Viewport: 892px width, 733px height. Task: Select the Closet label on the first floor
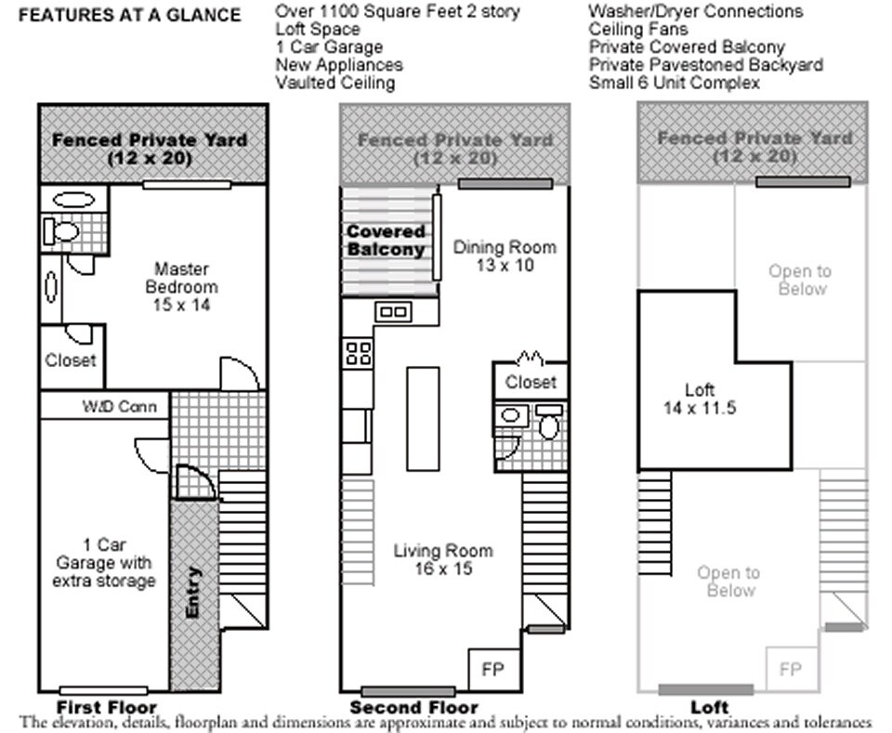pyautogui.click(x=71, y=360)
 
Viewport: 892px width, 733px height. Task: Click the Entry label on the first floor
pyautogui.click(x=193, y=592)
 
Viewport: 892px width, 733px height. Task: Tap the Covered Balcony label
pyautogui.click(x=386, y=240)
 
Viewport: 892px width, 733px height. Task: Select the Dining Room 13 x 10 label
pyautogui.click(x=505, y=255)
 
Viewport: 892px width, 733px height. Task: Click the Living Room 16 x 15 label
pyautogui.click(x=442, y=559)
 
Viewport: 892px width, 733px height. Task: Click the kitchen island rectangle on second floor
pyautogui.click(x=422, y=418)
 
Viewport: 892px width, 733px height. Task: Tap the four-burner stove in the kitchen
pyautogui.click(x=358, y=353)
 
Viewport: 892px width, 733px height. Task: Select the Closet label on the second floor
pyautogui.click(x=531, y=382)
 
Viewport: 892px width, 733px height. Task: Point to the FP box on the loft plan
pyautogui.click(x=791, y=669)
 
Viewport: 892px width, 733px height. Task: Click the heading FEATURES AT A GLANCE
pyautogui.click(x=129, y=15)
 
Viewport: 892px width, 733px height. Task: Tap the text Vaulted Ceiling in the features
pyautogui.click(x=334, y=83)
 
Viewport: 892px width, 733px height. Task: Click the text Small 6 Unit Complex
pyautogui.click(x=674, y=83)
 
